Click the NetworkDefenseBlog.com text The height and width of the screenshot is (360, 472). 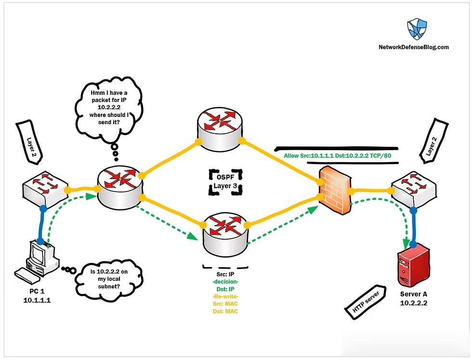tap(414, 47)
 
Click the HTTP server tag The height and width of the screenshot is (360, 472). tap(365, 304)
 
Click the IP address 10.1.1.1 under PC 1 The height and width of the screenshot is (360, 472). tap(38, 300)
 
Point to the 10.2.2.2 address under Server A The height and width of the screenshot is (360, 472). tap(414, 304)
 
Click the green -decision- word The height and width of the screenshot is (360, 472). tap(225, 282)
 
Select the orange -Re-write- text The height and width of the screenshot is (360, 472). tap(225, 296)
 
